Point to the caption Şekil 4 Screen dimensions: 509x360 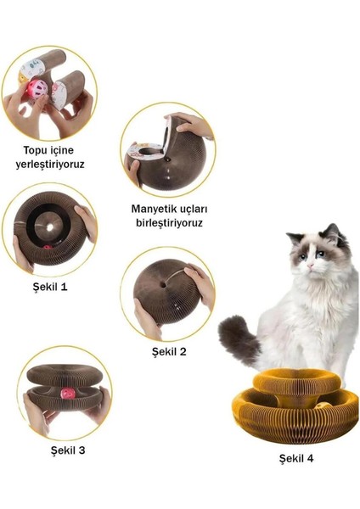[298, 459]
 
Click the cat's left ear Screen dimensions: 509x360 [294, 239]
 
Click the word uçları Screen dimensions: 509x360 [196, 208]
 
